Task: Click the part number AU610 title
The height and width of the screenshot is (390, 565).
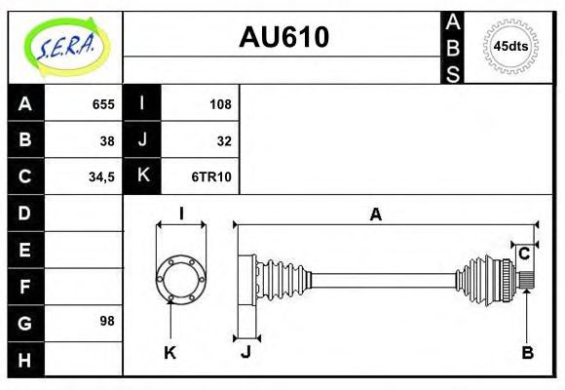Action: point(283,37)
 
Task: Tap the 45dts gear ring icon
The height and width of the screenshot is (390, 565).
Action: point(509,46)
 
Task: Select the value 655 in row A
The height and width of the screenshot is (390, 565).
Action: point(103,104)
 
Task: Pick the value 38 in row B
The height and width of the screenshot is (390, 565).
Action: point(107,140)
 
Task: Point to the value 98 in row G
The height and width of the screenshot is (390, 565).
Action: point(107,320)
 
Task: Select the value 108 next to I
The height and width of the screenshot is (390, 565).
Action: point(220,104)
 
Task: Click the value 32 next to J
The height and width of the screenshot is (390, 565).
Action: point(224,140)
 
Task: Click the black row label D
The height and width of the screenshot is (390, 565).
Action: point(25,213)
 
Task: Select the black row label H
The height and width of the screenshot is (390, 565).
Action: point(25,359)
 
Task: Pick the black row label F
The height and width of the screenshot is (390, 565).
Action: point(25,286)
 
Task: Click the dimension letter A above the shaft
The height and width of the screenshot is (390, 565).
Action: point(375,214)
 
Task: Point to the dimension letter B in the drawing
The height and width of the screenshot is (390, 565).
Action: point(527,352)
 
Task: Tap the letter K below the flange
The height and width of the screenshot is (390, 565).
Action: point(169,352)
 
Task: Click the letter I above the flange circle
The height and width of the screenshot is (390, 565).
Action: point(181,214)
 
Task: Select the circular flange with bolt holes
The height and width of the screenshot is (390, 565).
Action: point(181,279)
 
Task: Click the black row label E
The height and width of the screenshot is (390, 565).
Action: point(25,250)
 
